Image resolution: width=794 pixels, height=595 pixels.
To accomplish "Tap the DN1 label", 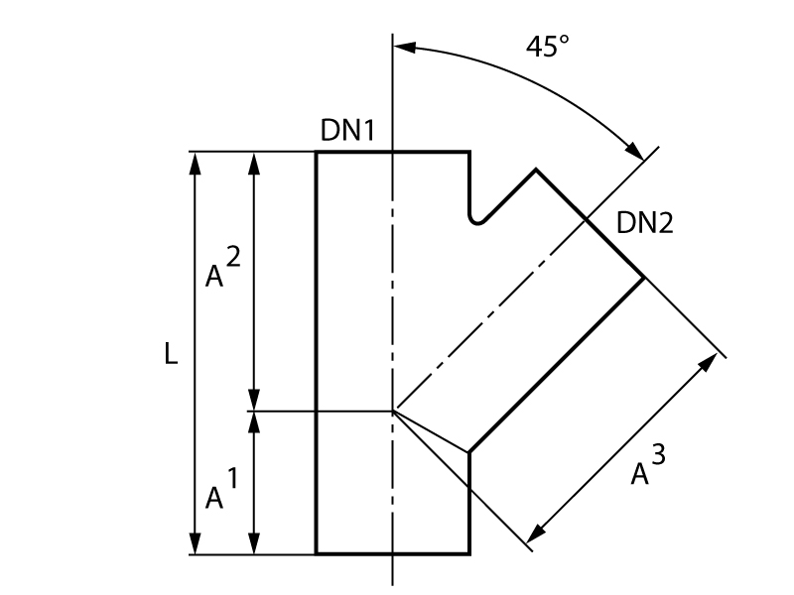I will (x=347, y=130).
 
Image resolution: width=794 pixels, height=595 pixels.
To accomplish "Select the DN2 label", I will (x=645, y=223).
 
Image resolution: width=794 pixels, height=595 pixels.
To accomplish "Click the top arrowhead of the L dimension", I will (x=195, y=163).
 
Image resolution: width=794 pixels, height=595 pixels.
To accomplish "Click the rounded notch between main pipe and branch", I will (x=478, y=218).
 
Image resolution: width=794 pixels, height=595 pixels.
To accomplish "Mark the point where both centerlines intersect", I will (x=393, y=410).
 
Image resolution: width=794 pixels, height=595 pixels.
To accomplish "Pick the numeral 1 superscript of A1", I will (x=232, y=478).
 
